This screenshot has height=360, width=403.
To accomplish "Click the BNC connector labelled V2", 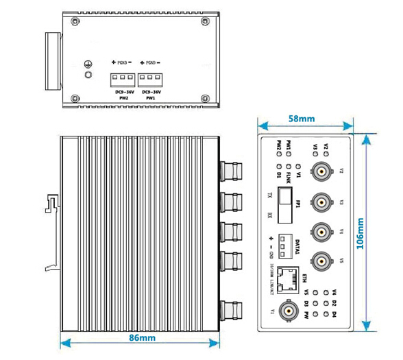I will click(x=321, y=171).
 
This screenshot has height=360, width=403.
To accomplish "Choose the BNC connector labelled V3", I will click(x=321, y=202).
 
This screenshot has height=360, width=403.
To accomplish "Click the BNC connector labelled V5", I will click(x=321, y=261).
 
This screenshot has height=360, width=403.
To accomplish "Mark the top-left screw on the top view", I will click(x=73, y=21).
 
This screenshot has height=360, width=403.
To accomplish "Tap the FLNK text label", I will click(x=291, y=178).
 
